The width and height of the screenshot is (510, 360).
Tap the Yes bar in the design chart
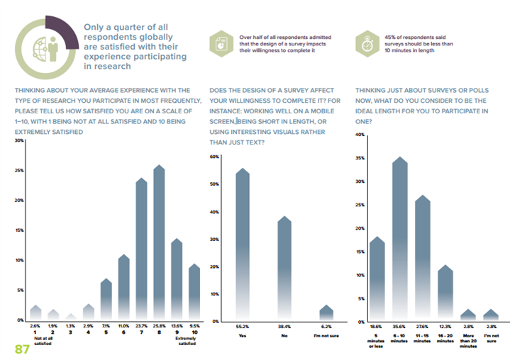[243, 248]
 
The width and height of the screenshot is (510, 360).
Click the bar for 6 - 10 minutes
[400, 241]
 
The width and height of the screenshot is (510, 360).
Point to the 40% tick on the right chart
[360, 135]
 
